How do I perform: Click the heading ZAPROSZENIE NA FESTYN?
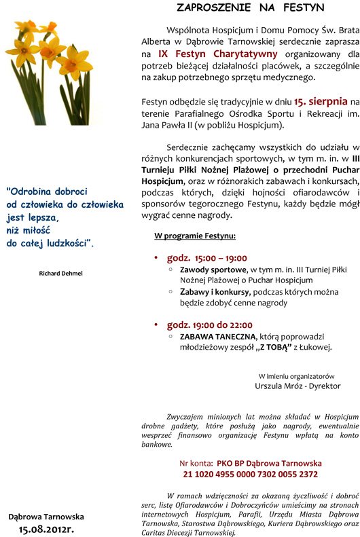(250, 8)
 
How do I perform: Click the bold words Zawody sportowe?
(208, 270)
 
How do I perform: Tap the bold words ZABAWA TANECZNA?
(218, 337)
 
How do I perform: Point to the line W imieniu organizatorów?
(297, 375)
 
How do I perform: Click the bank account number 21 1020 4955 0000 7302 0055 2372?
(250, 475)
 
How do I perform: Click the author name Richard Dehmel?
(61, 273)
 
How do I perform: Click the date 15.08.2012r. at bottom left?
(46, 527)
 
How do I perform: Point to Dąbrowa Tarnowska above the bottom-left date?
(46, 516)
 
